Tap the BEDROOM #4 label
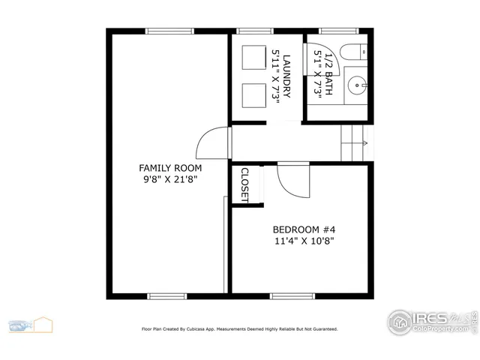pyautogui.click(x=302, y=229)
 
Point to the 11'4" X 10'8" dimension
pyautogui.click(x=302, y=241)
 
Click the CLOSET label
pyautogui.click(x=244, y=184)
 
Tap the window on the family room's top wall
pyautogui.click(x=167, y=31)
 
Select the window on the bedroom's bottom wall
pyautogui.click(x=291, y=296)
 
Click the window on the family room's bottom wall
pyautogui.click(x=167, y=296)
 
